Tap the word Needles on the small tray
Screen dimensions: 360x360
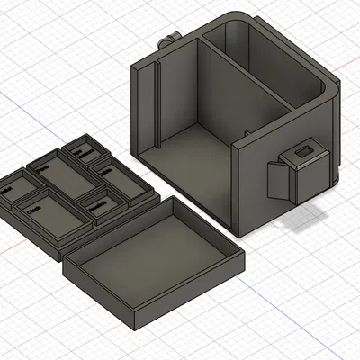[99, 206]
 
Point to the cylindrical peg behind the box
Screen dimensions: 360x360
[166, 40]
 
